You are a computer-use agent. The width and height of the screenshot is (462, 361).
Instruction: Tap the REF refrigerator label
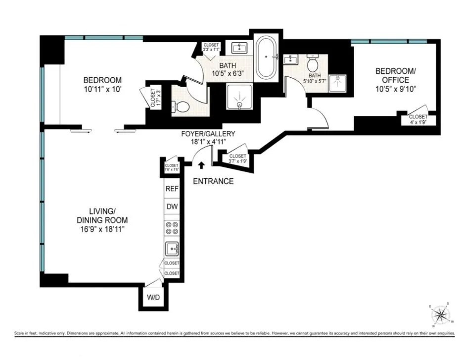(172, 189)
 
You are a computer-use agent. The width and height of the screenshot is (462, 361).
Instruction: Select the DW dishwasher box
(172, 207)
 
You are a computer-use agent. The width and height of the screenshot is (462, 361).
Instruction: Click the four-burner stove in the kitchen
(172, 227)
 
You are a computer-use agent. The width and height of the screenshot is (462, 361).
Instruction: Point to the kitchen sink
(172, 248)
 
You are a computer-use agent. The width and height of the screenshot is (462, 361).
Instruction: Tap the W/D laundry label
(150, 298)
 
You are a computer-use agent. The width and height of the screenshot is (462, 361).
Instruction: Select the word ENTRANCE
(213, 181)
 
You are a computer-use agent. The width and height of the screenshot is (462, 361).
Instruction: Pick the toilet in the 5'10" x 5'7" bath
(313, 64)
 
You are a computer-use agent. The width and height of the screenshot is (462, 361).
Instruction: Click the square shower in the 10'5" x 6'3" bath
(239, 96)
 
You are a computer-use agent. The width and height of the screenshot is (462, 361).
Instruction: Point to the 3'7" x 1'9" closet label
(237, 158)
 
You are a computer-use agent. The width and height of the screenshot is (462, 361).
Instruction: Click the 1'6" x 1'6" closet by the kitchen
(171, 167)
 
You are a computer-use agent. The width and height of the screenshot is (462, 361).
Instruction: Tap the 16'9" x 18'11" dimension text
(102, 229)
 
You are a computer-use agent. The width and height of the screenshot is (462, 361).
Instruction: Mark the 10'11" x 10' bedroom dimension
(102, 90)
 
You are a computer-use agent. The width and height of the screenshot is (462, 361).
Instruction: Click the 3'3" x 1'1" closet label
(211, 48)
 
